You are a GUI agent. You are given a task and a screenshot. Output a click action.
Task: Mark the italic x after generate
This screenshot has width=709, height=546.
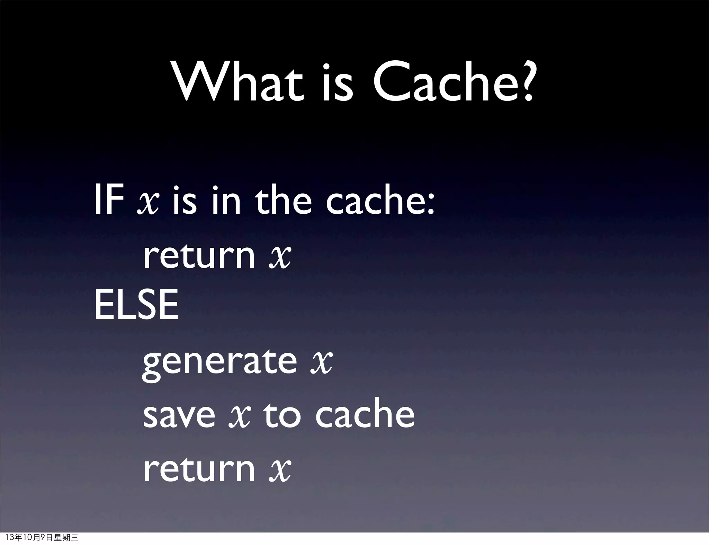[x=322, y=362]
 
